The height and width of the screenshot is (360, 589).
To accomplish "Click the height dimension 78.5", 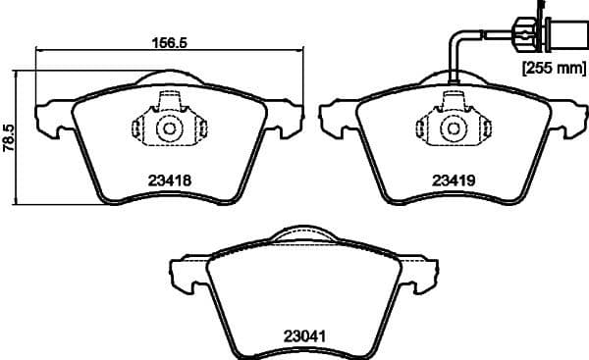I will click(x=9, y=137).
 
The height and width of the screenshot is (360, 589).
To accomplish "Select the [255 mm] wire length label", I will click(x=552, y=68).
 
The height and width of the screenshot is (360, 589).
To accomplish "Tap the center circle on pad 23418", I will click(x=168, y=128).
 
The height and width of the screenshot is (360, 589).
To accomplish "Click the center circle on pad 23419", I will click(x=454, y=128).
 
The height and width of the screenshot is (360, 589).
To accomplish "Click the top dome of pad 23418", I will click(x=168, y=77).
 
